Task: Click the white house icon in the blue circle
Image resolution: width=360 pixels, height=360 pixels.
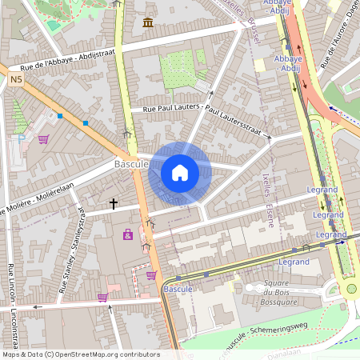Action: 180,172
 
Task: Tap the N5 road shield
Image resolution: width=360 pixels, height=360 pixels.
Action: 17,79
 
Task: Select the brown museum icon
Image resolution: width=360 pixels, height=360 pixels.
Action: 148,22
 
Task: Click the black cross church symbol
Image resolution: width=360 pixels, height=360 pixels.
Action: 114,205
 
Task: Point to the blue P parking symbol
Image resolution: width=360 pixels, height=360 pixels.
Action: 22,138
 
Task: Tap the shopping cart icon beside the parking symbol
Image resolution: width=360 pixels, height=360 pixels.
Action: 42,139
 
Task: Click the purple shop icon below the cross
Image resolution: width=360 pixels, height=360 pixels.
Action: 127,234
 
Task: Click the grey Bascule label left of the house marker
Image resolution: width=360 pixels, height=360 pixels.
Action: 130,163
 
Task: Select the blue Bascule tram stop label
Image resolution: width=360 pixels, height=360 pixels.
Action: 178,287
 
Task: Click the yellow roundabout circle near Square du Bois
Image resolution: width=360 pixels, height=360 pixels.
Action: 350,289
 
